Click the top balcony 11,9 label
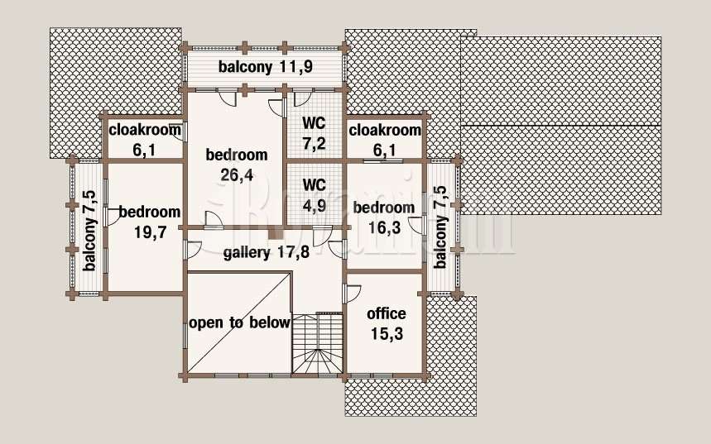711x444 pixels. pyautogui.click(x=266, y=67)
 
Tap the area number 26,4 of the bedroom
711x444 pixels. pyautogui.click(x=237, y=175)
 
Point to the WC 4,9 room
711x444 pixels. pyautogui.click(x=314, y=194)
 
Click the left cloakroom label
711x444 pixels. pyautogui.click(x=145, y=130)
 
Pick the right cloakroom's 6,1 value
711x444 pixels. pyautogui.click(x=385, y=150)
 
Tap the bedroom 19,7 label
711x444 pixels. pyautogui.click(x=150, y=222)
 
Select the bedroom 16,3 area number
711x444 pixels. pyautogui.click(x=385, y=227)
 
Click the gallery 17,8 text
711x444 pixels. pyautogui.click(x=267, y=252)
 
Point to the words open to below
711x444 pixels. pyautogui.click(x=239, y=323)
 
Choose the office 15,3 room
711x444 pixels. pyautogui.click(x=385, y=322)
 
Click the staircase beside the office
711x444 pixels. pyautogui.click(x=316, y=343)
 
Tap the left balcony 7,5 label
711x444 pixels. pyautogui.click(x=89, y=231)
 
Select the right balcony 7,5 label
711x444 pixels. pyautogui.click(x=440, y=227)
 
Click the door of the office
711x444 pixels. pyautogui.click(x=353, y=294)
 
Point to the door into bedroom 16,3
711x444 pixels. pyautogui.click(x=416, y=226)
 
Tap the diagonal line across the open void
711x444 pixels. pyautogui.click(x=238, y=323)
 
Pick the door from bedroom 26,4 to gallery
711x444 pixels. pyautogui.click(x=214, y=218)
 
